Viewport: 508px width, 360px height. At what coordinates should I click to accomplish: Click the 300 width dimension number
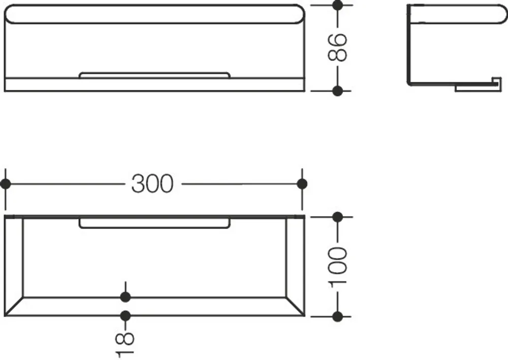click(152, 184)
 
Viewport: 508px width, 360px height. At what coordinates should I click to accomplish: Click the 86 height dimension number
click(337, 47)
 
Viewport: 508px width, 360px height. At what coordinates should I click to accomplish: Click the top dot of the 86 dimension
click(338, 5)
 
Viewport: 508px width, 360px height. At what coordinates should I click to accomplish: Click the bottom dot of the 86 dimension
click(338, 91)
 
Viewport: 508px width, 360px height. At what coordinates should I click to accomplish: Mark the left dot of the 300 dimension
click(6, 184)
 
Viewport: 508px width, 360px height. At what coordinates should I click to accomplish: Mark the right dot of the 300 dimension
click(302, 184)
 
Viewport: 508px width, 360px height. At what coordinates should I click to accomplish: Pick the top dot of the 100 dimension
click(338, 217)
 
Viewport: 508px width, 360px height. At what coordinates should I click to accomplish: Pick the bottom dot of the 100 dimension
click(338, 316)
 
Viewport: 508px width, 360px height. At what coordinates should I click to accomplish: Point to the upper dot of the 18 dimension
click(125, 297)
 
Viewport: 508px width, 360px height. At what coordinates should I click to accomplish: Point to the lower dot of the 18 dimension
click(125, 316)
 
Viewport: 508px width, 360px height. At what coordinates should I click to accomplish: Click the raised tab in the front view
click(154, 75)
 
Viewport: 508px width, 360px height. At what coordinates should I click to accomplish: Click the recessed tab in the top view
click(154, 223)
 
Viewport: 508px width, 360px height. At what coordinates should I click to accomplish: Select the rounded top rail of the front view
click(155, 14)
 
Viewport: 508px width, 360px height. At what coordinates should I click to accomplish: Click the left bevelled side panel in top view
click(14, 266)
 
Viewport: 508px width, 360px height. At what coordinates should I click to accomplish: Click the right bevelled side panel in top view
click(296, 266)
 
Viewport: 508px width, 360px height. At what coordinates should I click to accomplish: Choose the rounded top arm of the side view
click(457, 14)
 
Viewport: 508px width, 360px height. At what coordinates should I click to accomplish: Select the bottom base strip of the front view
click(154, 84)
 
